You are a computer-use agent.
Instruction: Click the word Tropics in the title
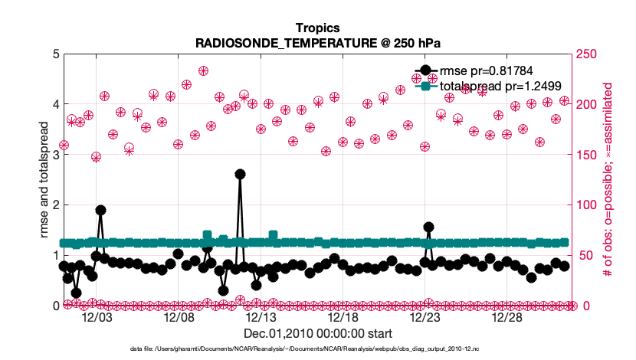[x=317, y=28]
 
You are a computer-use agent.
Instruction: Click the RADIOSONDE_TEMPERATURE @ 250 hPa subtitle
[x=317, y=43]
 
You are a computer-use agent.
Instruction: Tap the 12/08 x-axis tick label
[x=179, y=317]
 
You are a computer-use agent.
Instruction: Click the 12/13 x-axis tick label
[x=261, y=317]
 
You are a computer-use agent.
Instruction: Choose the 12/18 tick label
[x=343, y=317]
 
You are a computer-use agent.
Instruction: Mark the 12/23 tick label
[x=426, y=317]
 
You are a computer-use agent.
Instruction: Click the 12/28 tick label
[x=508, y=317]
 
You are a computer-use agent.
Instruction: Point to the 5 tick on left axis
[x=53, y=54]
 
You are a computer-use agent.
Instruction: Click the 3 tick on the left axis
[x=53, y=155]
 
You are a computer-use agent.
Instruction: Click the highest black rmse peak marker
[x=240, y=174]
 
